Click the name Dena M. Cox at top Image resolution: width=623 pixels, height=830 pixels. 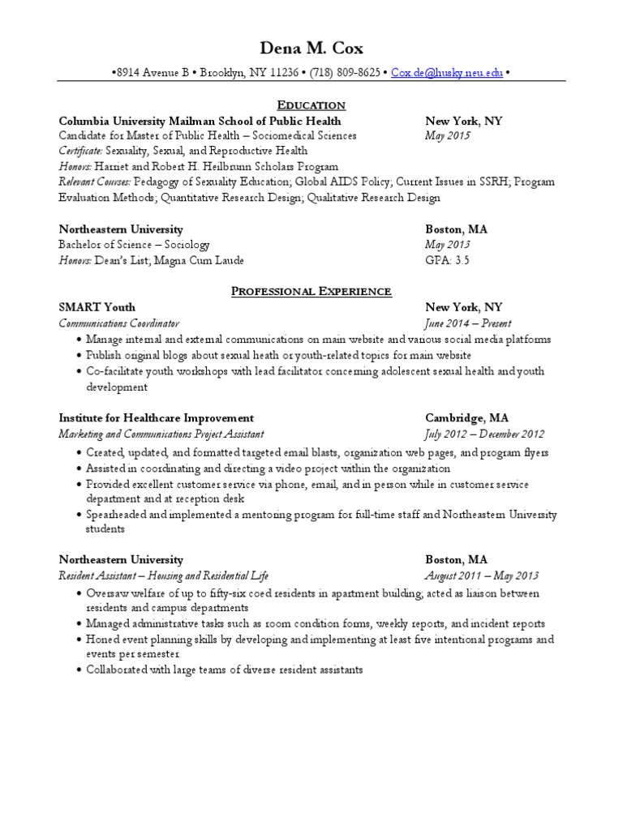(x=311, y=49)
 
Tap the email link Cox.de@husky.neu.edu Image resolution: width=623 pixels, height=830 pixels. (x=447, y=73)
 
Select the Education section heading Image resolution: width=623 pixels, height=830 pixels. (x=311, y=105)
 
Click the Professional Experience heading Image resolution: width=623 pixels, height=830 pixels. (x=311, y=291)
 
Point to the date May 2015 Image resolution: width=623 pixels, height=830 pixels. (x=448, y=136)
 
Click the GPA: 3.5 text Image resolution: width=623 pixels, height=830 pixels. (x=448, y=260)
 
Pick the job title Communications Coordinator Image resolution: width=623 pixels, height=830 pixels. (x=118, y=323)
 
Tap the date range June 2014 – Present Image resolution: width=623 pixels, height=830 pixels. (x=468, y=323)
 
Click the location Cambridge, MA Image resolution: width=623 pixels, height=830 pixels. (x=467, y=418)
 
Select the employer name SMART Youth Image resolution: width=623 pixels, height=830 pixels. (x=97, y=307)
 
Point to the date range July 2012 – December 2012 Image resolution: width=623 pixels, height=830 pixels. (x=485, y=434)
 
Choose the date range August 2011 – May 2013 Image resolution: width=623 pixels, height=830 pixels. (x=482, y=576)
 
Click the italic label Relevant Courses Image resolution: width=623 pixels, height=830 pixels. (x=95, y=182)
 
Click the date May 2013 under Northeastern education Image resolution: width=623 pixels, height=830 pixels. (x=448, y=245)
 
